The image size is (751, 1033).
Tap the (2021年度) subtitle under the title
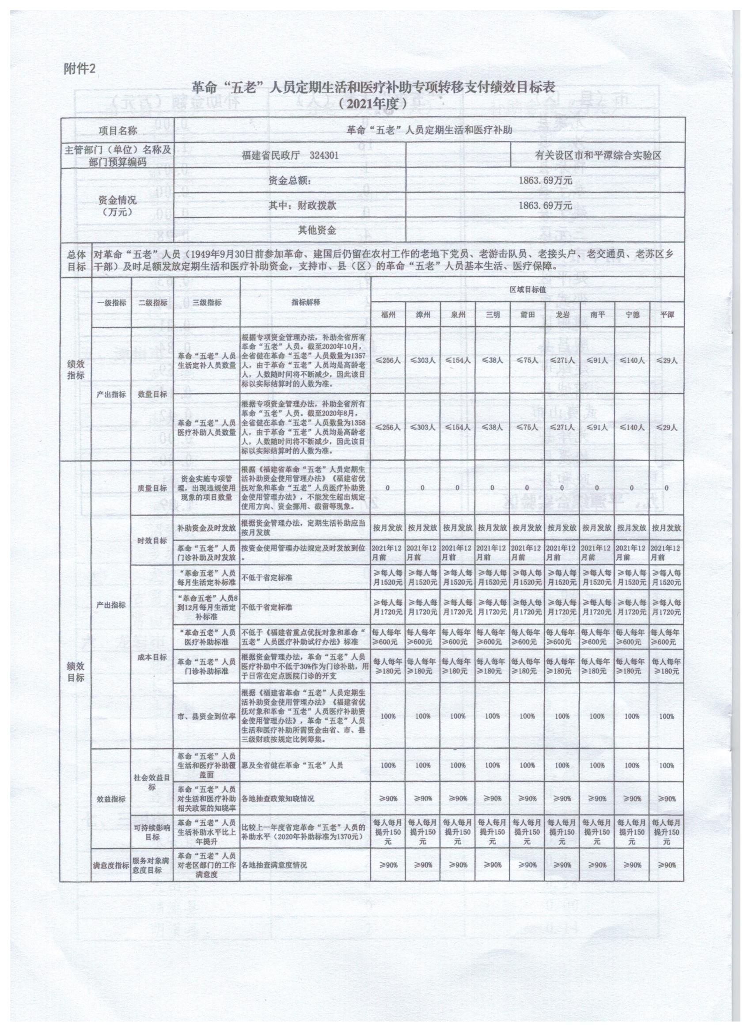click(372, 104)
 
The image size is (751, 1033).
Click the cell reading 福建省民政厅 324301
click(290, 155)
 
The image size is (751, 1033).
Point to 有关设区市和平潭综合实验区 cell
click(599, 155)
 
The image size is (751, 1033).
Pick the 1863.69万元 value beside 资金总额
click(546, 180)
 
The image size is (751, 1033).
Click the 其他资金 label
click(317, 230)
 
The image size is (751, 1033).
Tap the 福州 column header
click(388, 315)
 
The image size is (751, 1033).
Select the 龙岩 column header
click(562, 315)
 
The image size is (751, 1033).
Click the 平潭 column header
click(667, 315)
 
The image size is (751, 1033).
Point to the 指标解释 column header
click(306, 302)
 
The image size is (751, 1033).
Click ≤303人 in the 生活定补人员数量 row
click(423, 360)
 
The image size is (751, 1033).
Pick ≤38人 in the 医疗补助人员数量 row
click(492, 427)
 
